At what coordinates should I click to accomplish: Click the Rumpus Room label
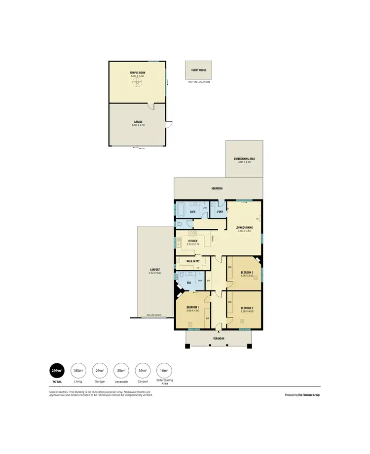[138, 72]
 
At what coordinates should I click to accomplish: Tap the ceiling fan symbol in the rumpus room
[138, 83]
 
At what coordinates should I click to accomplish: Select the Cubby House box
[198, 70]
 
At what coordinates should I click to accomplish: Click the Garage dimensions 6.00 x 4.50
[138, 125]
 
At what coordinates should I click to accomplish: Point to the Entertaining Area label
[244, 158]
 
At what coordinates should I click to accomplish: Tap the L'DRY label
[220, 212]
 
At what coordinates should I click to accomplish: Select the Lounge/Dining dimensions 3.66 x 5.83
[244, 231]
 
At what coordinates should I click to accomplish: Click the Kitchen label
[192, 241]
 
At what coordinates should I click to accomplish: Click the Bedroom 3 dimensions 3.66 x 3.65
[247, 276]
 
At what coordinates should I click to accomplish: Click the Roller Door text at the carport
[154, 315]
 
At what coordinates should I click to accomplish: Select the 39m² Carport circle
[143, 371]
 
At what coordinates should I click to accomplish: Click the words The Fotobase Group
[309, 395]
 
